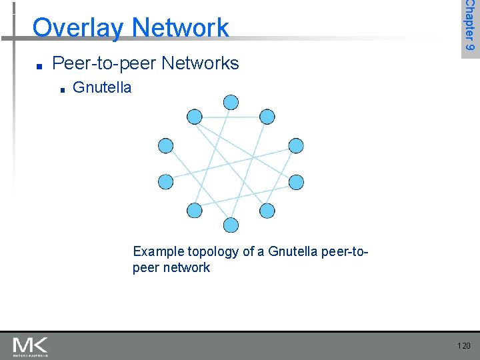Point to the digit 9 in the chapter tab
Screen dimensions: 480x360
(x=470, y=48)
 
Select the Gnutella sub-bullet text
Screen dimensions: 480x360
(x=101, y=87)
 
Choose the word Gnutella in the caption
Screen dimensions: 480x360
(x=293, y=251)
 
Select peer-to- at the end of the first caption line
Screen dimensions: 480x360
(x=346, y=251)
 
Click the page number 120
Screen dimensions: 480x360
(x=463, y=345)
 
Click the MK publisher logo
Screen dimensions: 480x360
(x=30, y=345)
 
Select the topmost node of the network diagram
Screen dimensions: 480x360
(x=231, y=102)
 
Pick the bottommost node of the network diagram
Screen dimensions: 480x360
(x=231, y=225)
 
